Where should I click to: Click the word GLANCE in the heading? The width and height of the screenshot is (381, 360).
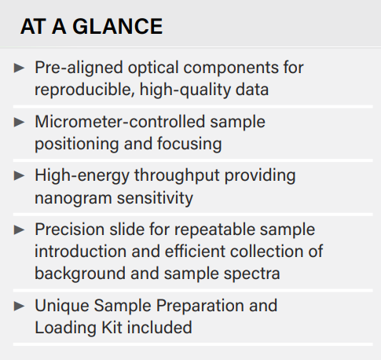point(118,26)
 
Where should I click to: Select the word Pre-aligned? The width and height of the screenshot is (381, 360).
point(79,68)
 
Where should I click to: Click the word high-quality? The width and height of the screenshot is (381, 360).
point(185,90)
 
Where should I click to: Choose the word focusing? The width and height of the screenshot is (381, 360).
point(189,145)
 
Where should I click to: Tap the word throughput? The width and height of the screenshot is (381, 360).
point(177,176)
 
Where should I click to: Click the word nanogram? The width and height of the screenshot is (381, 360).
point(73,199)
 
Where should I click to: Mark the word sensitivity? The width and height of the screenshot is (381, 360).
point(155,198)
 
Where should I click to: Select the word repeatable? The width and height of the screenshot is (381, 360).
point(214,230)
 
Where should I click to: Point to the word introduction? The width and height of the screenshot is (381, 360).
point(81,252)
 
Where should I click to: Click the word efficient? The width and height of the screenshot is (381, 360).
point(195,252)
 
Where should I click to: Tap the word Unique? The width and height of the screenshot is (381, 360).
point(62,307)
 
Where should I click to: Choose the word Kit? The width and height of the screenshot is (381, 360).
point(112,328)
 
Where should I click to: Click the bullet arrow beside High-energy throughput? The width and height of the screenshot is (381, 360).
point(19,175)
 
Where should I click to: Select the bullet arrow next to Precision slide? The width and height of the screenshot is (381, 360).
point(19,230)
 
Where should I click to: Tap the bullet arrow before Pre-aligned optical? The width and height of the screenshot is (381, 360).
point(19,68)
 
